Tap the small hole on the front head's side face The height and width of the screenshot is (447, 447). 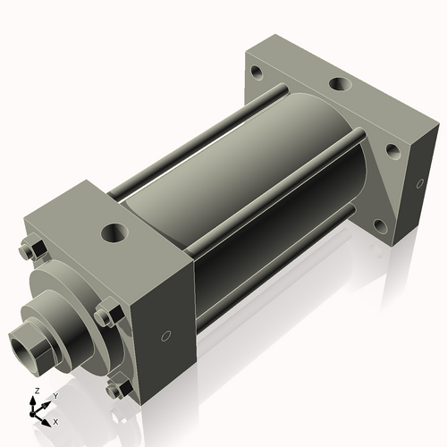164,337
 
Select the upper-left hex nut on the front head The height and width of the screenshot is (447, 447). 28,250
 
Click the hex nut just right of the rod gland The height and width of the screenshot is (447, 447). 105,316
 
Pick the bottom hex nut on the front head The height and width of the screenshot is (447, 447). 115,390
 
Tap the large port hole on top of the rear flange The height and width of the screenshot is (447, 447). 340,85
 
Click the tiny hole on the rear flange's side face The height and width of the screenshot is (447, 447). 417,184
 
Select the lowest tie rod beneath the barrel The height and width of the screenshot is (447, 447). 268,277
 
